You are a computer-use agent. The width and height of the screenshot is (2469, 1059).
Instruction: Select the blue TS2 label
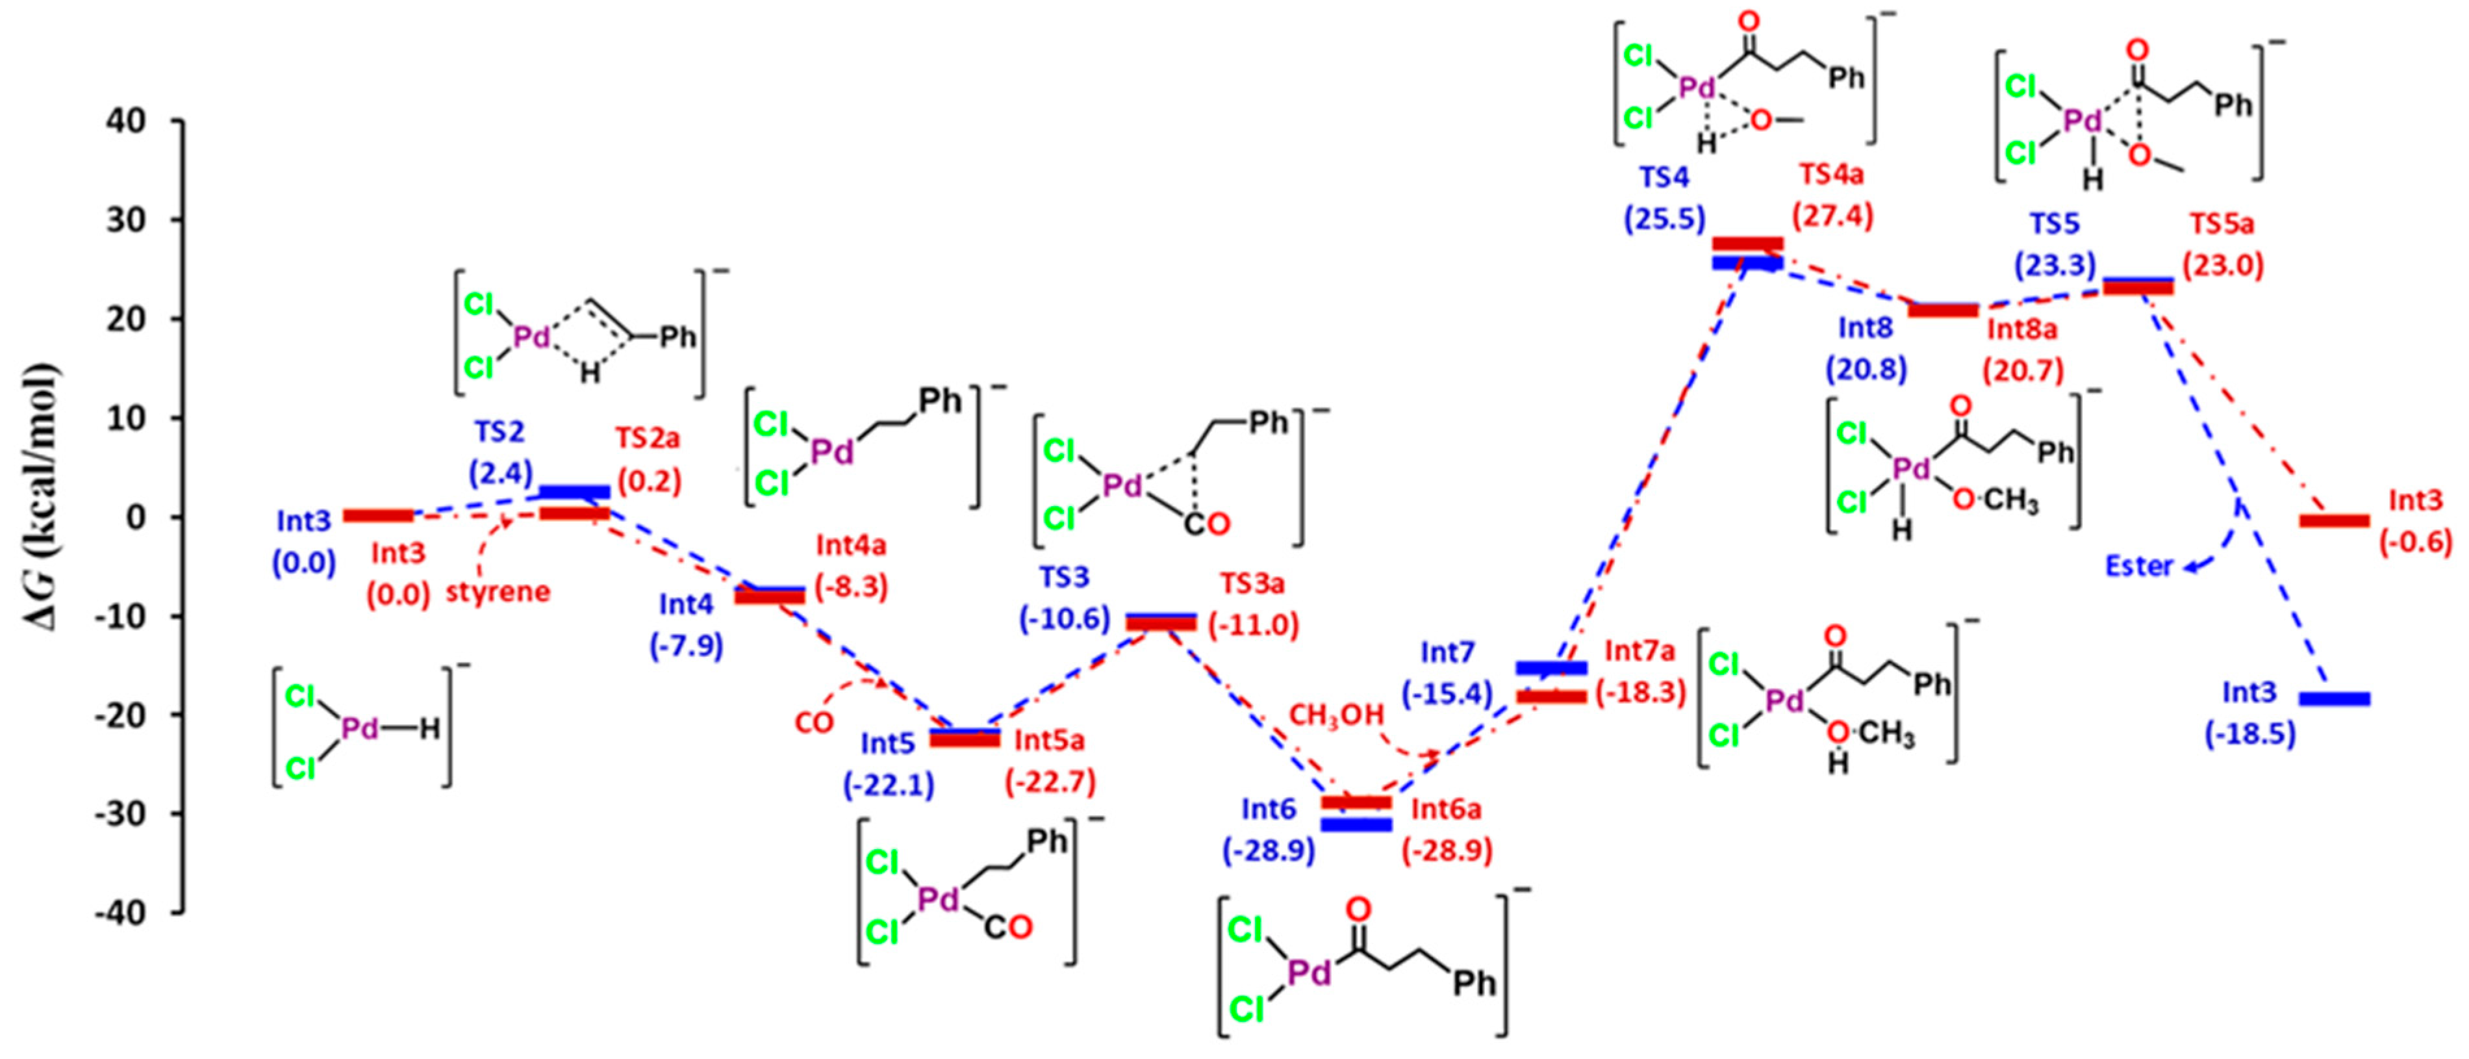(x=498, y=432)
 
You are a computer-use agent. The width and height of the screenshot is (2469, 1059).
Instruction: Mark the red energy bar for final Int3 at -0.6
(x=2335, y=520)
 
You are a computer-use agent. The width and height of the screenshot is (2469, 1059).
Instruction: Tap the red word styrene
(x=498, y=591)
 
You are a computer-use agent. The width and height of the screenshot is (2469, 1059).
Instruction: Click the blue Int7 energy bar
(x=1551, y=667)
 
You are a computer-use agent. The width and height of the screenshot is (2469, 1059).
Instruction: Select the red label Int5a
(x=1050, y=740)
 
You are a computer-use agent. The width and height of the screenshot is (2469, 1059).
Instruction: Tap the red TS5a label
(x=2222, y=224)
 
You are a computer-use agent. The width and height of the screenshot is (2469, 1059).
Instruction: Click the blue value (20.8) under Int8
(x=1865, y=369)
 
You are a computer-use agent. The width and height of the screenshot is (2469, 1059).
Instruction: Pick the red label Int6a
(x=1445, y=809)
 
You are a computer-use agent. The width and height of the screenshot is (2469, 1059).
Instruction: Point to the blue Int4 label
(x=685, y=605)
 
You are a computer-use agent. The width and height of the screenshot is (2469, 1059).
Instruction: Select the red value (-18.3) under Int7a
(x=1640, y=691)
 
